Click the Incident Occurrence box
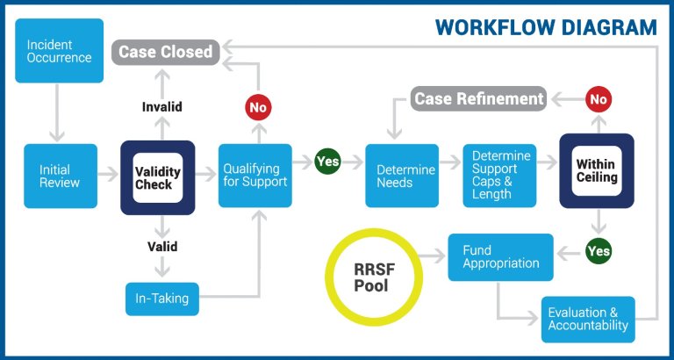click(x=60, y=51)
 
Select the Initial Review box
click(x=61, y=176)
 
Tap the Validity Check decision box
click(x=158, y=177)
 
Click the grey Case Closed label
click(x=166, y=52)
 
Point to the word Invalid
click(x=162, y=106)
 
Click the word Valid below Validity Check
click(x=162, y=247)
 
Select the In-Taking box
click(x=162, y=299)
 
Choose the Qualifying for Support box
click(x=255, y=176)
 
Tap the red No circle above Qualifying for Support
click(x=258, y=107)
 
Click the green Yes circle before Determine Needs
click(x=327, y=162)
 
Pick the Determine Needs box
click(x=402, y=176)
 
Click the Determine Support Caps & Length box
click(x=499, y=176)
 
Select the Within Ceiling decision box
click(x=597, y=170)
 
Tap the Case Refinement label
click(x=478, y=98)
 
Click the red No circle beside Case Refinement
click(x=599, y=99)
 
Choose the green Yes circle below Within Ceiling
click(x=599, y=251)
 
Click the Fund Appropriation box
click(x=501, y=257)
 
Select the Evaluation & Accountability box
click(x=588, y=319)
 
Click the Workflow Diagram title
click(x=546, y=27)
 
